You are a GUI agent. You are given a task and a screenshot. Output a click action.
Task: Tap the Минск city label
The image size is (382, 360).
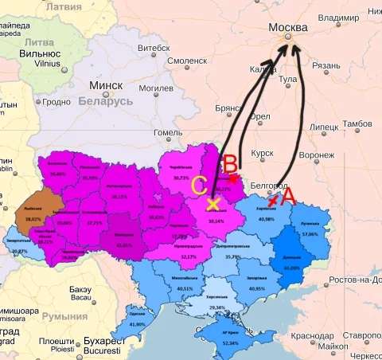106,85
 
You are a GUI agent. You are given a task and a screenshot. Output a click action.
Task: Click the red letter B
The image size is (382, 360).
229,164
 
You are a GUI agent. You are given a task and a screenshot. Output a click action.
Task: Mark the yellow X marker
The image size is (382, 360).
212,204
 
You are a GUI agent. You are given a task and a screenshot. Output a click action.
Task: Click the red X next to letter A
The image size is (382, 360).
273,202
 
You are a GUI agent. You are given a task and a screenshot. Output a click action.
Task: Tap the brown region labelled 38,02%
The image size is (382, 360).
33,218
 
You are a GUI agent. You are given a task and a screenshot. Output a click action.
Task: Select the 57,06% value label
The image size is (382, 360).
310,234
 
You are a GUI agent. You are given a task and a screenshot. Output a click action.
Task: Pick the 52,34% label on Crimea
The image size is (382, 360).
231,343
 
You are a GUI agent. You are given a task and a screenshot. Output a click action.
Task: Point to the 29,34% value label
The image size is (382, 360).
216,307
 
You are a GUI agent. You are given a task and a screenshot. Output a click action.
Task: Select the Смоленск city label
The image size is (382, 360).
187,60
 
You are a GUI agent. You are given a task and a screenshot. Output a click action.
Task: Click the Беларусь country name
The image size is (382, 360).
105,102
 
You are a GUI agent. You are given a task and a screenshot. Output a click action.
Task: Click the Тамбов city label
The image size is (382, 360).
357,123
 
